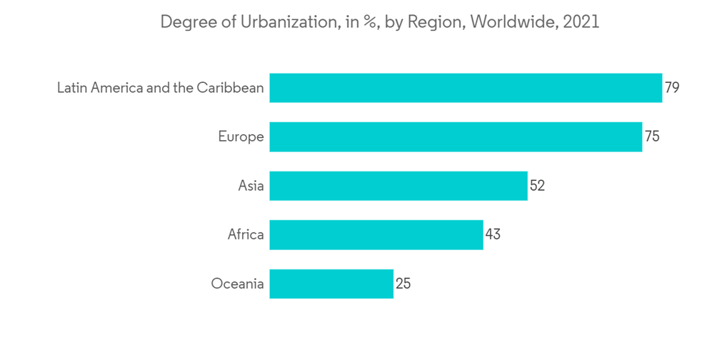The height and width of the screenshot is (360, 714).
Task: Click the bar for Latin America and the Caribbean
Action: coord(466,88)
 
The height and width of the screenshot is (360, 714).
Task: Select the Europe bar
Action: coord(456,136)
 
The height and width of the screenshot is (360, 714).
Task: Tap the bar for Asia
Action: coord(398,186)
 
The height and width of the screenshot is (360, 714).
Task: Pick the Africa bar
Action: coord(376,234)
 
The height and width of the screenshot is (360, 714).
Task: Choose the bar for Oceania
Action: coord(331,284)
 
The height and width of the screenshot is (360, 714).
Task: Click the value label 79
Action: coord(672,88)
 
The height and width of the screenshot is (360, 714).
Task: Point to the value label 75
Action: coord(652,136)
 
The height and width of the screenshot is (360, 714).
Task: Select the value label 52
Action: coord(537,186)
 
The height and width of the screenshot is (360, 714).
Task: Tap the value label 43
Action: coord(493,234)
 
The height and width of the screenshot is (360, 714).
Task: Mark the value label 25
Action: coord(403,284)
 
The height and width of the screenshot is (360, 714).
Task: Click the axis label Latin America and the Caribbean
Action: coord(161,88)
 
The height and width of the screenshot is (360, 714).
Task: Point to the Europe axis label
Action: coord(241,136)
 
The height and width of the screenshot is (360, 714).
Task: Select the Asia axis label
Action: coord(251,186)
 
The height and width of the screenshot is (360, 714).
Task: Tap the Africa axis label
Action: coord(246,234)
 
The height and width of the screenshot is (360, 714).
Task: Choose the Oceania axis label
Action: coord(238,284)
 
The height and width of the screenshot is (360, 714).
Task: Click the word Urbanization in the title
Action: coord(283,22)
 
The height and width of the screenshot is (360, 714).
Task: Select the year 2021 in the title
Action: coord(581,22)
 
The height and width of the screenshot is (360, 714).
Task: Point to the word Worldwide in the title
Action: coord(514,22)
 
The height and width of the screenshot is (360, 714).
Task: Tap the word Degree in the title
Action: coord(184,22)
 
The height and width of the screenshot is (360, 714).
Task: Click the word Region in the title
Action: coord(440,22)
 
